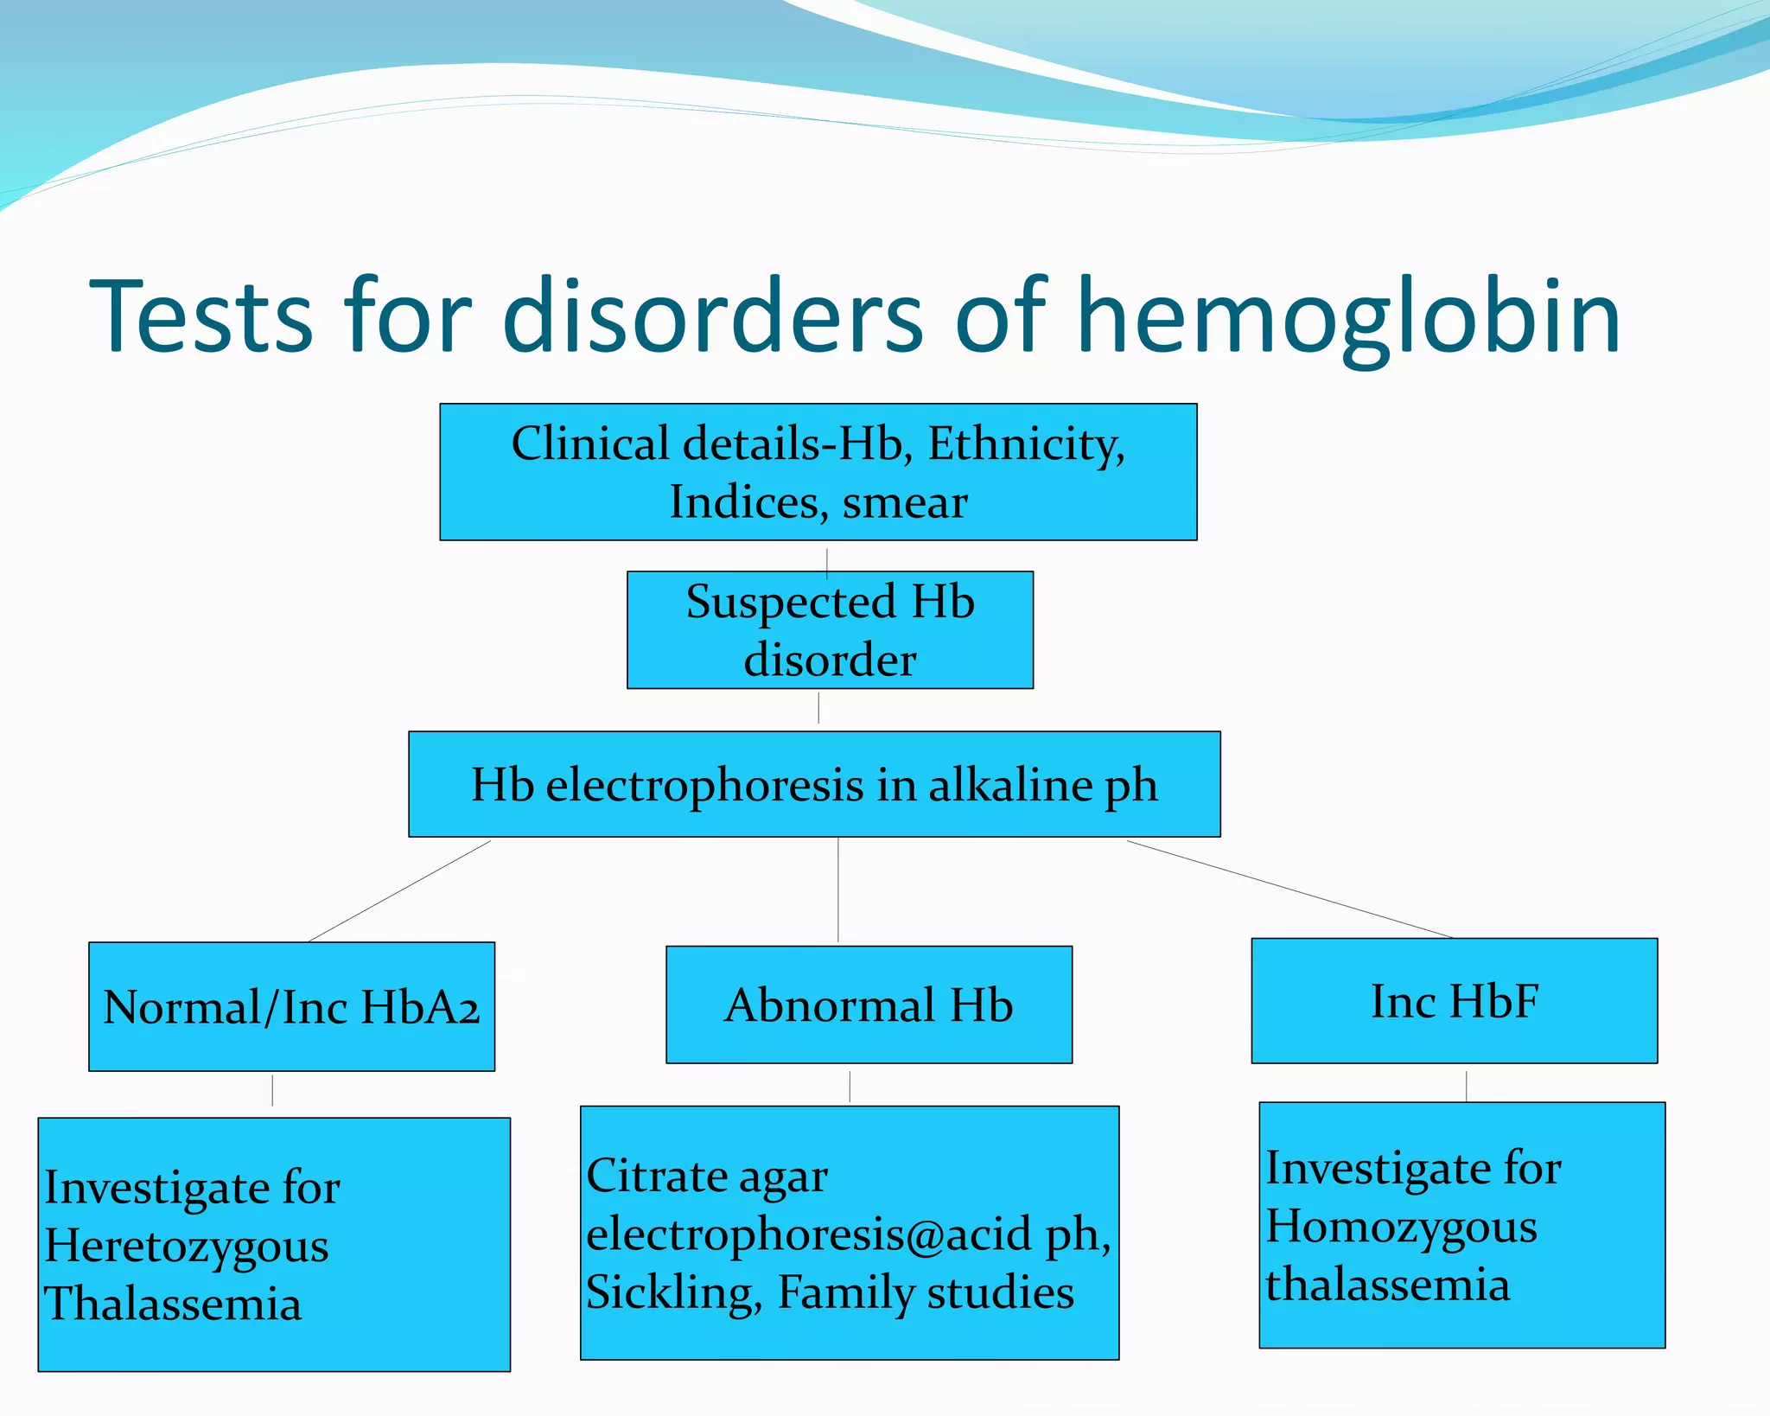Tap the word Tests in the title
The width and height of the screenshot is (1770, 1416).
tap(201, 318)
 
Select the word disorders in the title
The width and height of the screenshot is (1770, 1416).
tap(714, 318)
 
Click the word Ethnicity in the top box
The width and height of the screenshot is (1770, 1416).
tap(1025, 444)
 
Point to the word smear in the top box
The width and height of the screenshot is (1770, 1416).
tap(905, 503)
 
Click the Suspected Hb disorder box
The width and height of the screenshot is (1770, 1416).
tap(830, 630)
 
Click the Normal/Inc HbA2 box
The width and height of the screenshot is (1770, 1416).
tap(291, 1007)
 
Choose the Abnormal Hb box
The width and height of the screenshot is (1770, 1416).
tap(869, 1005)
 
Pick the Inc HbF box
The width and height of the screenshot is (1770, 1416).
tap(1454, 1001)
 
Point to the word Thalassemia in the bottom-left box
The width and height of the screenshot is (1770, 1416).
tap(173, 1304)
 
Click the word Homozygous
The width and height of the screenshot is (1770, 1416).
tap(1401, 1228)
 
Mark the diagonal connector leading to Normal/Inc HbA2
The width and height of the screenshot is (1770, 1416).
tap(399, 891)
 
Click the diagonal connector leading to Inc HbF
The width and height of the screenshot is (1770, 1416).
tap(1289, 890)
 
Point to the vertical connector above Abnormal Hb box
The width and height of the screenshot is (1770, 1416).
tap(837, 890)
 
